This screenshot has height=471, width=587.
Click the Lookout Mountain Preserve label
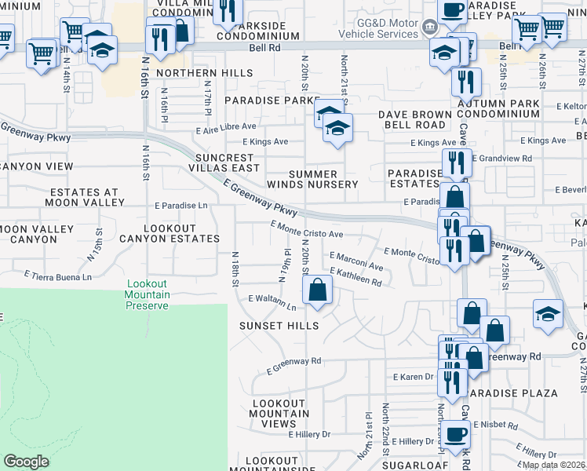147,294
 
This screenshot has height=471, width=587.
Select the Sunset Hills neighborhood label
280,326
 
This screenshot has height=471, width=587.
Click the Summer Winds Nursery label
313,179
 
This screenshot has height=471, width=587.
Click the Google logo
26,462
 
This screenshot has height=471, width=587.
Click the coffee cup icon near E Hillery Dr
455,433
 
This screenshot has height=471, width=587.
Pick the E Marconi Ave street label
356,261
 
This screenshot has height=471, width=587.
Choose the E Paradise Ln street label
180,206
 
